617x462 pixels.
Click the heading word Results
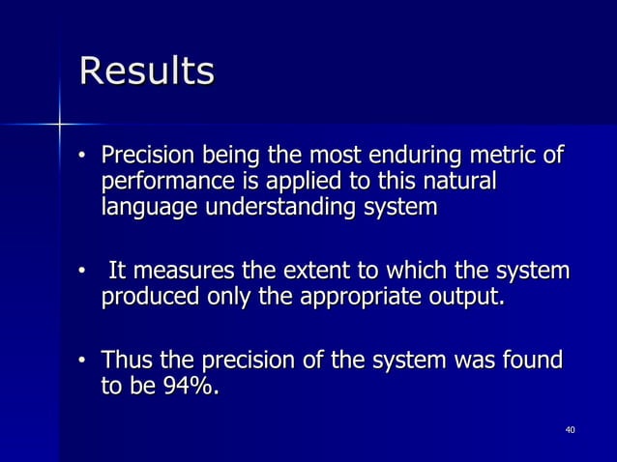coord(146,72)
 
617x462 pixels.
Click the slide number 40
coord(570,428)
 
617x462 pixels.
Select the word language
coord(147,208)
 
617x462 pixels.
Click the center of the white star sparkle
coord(60,124)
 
